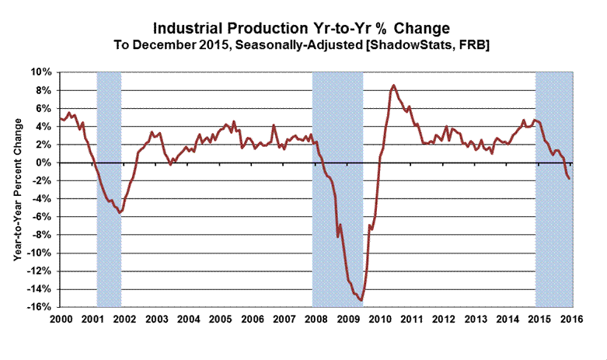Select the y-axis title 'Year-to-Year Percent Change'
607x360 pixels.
(16, 190)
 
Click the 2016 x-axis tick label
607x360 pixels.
(571, 320)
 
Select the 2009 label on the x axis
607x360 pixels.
(347, 320)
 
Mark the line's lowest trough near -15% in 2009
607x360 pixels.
(361, 300)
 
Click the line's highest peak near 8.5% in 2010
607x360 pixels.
(394, 86)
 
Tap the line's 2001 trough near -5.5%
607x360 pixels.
(119, 212)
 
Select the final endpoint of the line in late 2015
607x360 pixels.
(569, 179)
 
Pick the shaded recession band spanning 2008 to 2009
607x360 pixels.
(337, 117)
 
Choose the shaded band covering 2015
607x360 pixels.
(553, 249)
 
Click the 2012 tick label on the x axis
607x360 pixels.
(444, 320)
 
